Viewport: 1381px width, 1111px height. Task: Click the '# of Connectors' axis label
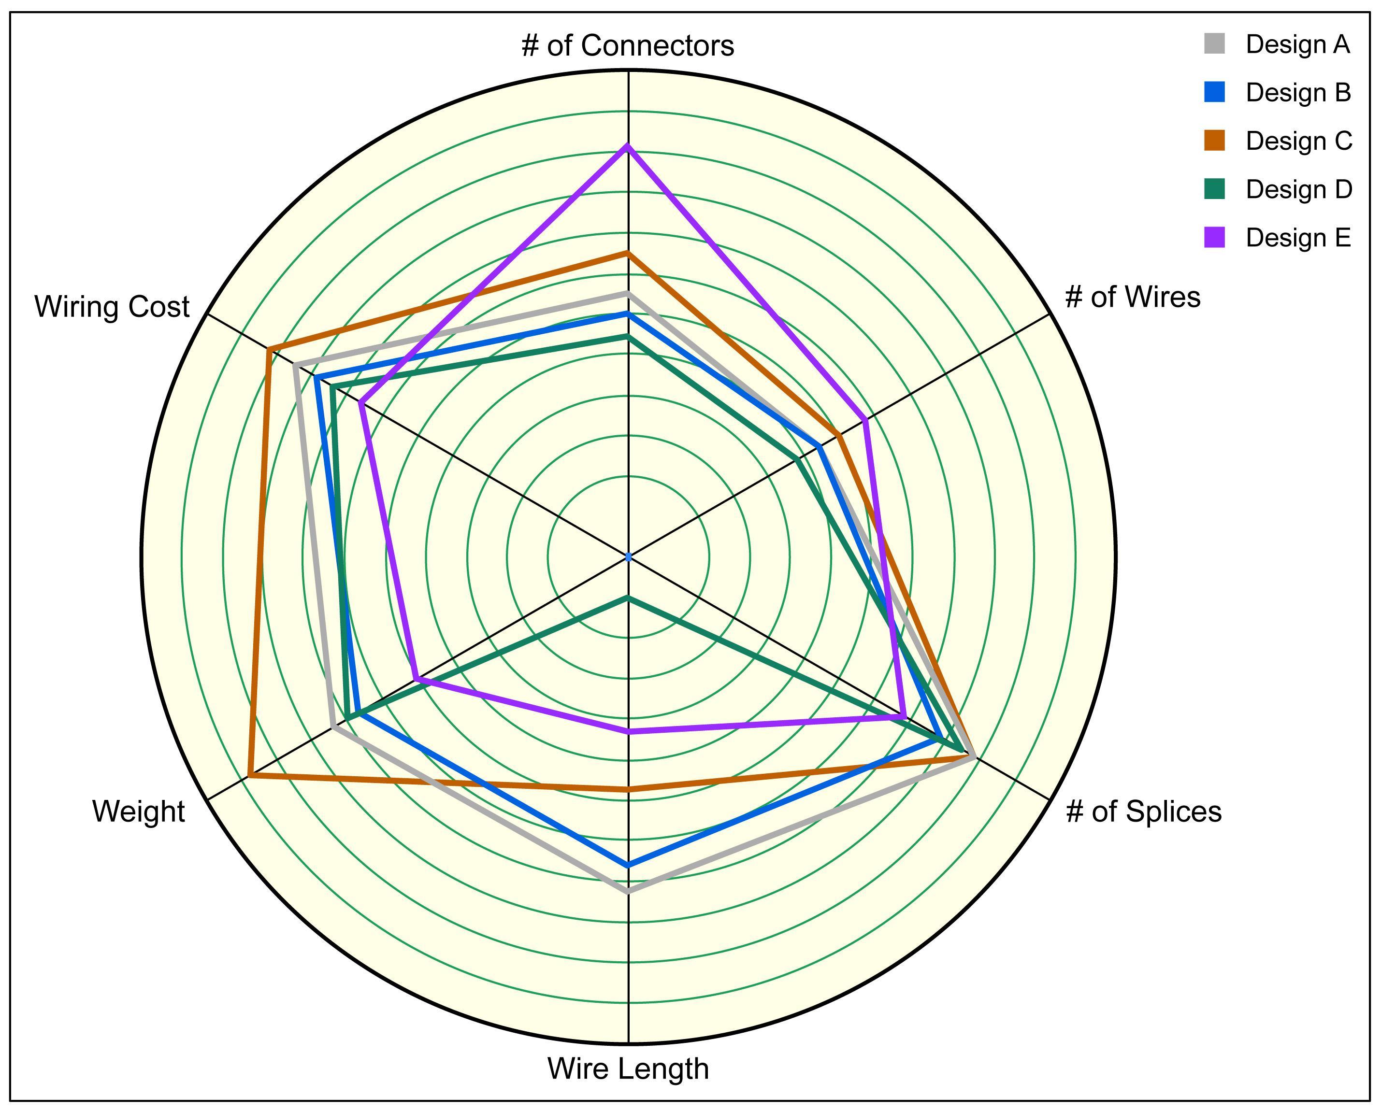pyautogui.click(x=628, y=45)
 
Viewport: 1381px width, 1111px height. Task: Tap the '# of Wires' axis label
pyautogui.click(x=1132, y=297)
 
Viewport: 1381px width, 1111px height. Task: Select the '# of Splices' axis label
pyautogui.click(x=1143, y=812)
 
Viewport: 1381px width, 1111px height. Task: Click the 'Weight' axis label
pyautogui.click(x=138, y=812)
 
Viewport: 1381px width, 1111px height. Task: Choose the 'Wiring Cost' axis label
pyautogui.click(x=112, y=307)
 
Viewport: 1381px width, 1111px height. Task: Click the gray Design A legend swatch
pyautogui.click(x=1214, y=44)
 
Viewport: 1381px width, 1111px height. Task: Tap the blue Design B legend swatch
pyautogui.click(x=1214, y=93)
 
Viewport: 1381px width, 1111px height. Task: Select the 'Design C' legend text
pyautogui.click(x=1298, y=142)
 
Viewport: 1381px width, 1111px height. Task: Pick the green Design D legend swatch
pyautogui.click(x=1214, y=189)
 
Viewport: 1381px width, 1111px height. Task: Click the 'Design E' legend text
pyautogui.click(x=1298, y=238)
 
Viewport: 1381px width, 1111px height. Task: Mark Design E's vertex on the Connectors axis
pyautogui.click(x=628, y=147)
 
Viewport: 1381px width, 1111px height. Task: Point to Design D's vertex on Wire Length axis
pyautogui.click(x=628, y=598)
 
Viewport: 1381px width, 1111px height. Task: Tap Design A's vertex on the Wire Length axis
pyautogui.click(x=628, y=891)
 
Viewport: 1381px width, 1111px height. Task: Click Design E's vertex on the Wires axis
pyautogui.click(x=865, y=421)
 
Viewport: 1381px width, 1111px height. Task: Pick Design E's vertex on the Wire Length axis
pyautogui.click(x=628, y=731)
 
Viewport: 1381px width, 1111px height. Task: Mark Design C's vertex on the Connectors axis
pyautogui.click(x=628, y=254)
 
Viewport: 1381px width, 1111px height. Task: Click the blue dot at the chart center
pyautogui.click(x=628, y=557)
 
